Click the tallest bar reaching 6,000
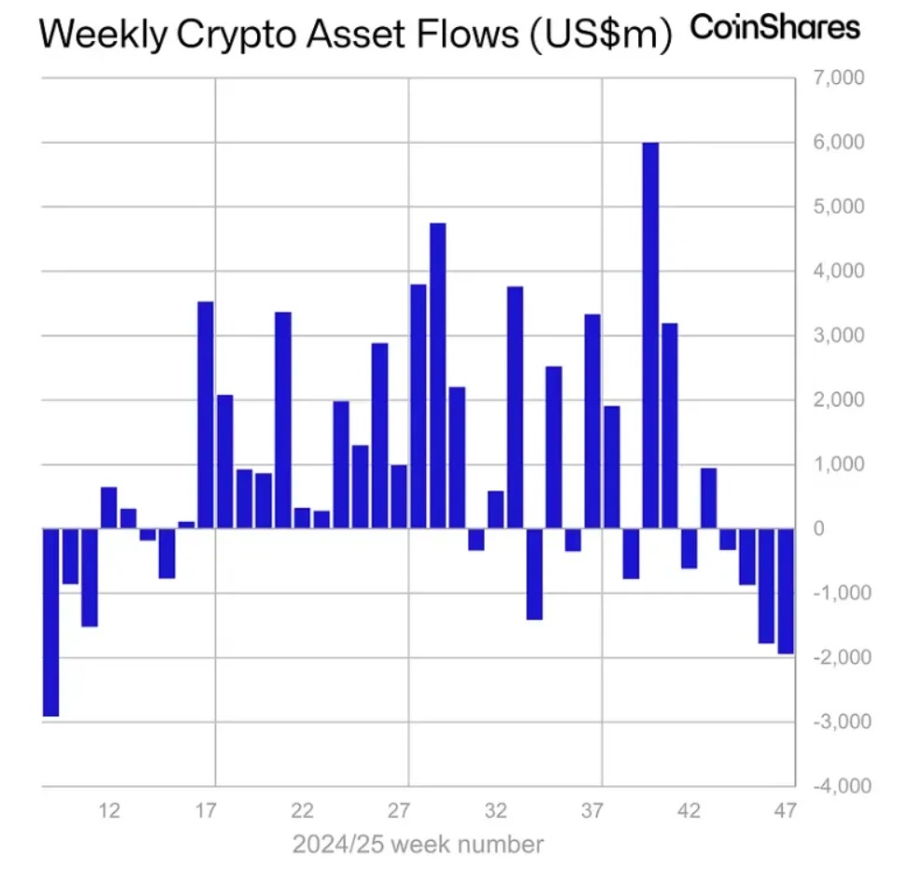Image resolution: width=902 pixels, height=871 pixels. pos(650,336)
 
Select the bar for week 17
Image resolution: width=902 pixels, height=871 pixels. pos(206,415)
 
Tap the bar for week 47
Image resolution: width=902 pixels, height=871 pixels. pos(786,591)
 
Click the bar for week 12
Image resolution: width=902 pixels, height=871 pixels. pos(109,507)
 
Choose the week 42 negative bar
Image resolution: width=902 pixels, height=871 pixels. pos(690,548)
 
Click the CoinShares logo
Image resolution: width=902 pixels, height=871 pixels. pos(774,28)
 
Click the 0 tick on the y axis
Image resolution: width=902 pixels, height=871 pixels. pos(819,529)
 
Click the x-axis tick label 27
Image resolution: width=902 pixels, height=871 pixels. pos(400,810)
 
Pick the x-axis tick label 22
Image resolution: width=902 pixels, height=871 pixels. pos(303,810)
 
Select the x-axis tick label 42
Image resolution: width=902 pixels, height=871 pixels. pos(690,810)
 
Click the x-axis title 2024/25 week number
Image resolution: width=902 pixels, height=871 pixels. pos(417,845)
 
